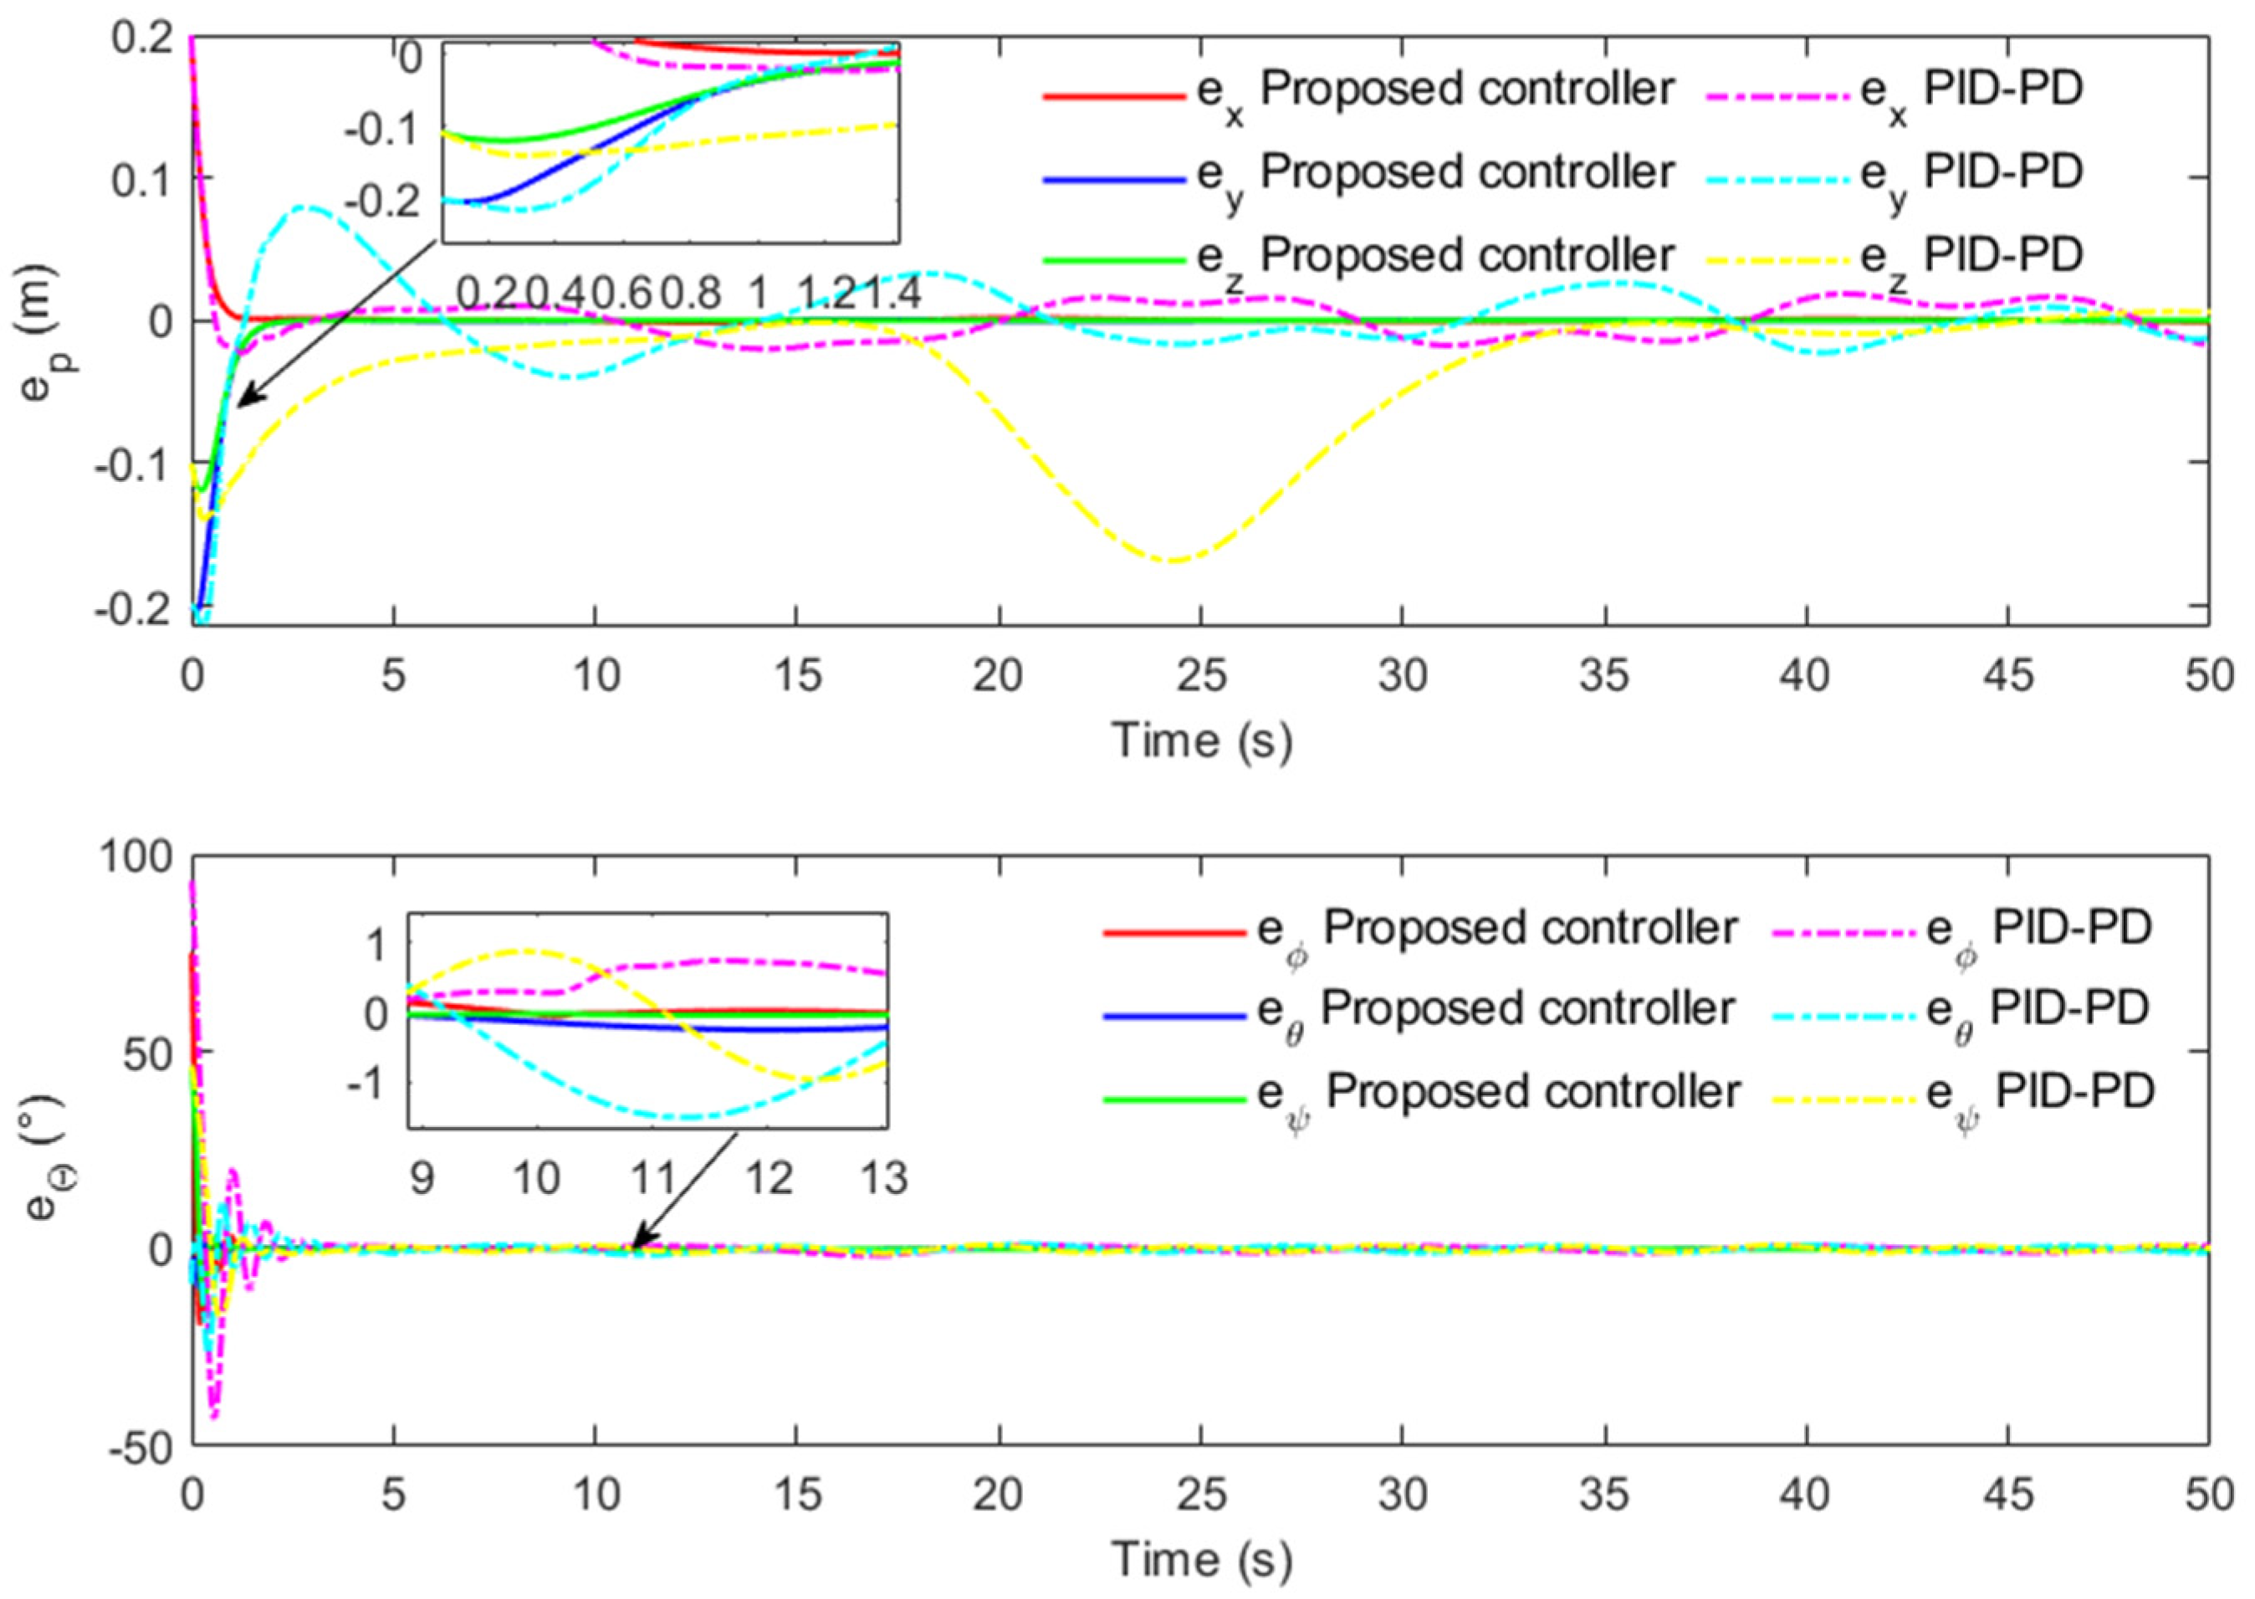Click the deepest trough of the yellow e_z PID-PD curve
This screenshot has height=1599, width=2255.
coord(1171,561)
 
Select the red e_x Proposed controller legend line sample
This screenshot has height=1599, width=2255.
coord(1113,96)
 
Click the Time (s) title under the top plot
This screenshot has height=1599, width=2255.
coord(1201,739)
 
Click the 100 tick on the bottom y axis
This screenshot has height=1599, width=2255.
coord(135,857)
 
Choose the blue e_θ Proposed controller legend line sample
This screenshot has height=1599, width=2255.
coord(1174,1016)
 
